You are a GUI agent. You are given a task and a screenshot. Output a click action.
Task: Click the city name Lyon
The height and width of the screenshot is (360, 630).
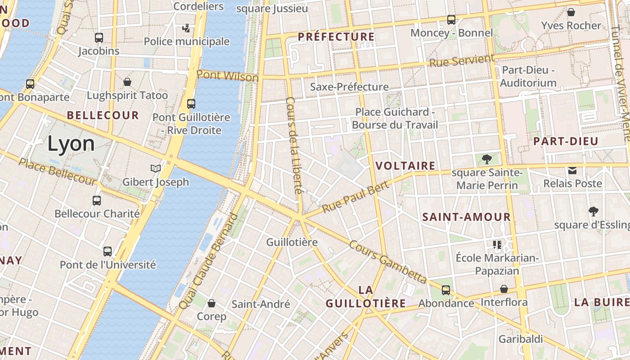(x=71, y=144)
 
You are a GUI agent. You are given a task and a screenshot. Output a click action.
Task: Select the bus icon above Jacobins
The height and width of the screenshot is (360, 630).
(x=99, y=38)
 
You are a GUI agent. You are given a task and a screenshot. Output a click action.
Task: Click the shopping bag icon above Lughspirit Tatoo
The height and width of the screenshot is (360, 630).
(x=127, y=82)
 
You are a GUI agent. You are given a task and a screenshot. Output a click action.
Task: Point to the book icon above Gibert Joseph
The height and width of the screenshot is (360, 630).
(x=156, y=168)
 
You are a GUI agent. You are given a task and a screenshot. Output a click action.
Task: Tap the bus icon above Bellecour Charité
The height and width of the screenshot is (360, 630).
(x=97, y=200)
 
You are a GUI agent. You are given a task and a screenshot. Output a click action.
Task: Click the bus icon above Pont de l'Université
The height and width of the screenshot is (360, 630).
(x=108, y=251)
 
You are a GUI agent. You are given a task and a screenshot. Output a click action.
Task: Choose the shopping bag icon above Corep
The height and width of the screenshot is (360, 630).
(x=211, y=303)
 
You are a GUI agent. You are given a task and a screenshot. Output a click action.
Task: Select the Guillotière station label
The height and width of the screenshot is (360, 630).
(x=292, y=242)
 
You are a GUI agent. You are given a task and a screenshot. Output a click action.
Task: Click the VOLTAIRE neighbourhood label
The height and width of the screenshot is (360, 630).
(x=405, y=166)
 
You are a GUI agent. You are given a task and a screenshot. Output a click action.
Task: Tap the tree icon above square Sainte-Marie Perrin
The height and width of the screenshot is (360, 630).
(x=486, y=159)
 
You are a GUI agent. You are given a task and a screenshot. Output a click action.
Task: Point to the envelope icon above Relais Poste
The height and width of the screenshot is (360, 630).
(x=572, y=170)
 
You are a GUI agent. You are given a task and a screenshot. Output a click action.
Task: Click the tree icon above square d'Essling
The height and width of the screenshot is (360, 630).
(x=594, y=211)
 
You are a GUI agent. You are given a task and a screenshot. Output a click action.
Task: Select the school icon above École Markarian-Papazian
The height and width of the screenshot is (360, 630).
(x=497, y=244)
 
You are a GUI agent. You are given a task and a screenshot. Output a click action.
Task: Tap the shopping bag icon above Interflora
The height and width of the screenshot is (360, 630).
(x=504, y=289)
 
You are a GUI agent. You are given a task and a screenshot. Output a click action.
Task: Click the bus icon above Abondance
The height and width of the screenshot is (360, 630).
(x=446, y=290)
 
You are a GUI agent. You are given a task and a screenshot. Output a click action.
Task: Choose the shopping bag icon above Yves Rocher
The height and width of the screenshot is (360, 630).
(x=571, y=12)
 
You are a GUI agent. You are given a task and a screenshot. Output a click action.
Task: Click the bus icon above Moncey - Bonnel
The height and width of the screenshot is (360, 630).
(x=451, y=20)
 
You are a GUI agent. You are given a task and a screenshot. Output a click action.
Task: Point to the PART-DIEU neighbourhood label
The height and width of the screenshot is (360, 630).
(x=566, y=141)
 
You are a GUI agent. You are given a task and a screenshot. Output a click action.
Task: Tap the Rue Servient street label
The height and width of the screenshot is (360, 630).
(x=462, y=60)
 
